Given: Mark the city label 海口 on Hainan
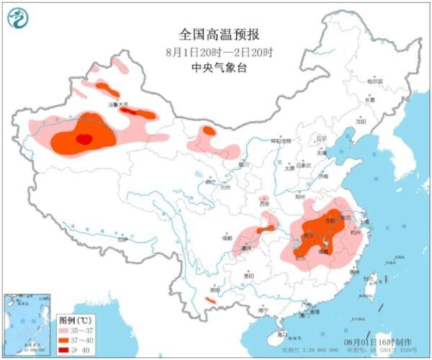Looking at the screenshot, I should (x=283, y=335).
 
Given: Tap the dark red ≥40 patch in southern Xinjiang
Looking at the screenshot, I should (x=84, y=138).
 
